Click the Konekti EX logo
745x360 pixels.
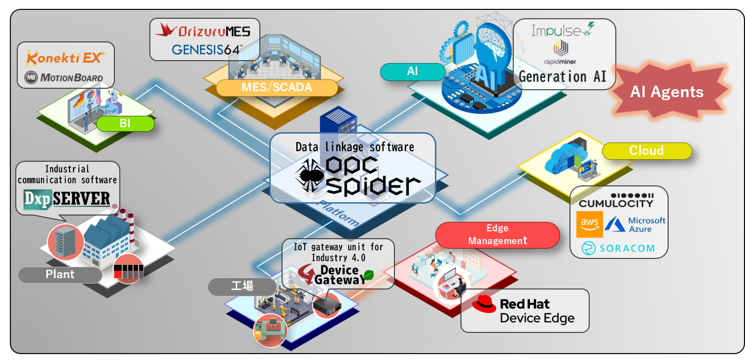[65, 58]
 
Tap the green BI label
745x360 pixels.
[125, 123]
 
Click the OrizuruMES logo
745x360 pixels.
[202, 32]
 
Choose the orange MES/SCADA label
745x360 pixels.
[277, 88]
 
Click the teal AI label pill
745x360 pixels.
[413, 72]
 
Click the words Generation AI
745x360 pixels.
[563, 76]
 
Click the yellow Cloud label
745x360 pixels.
[646, 151]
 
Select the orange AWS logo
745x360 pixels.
[590, 224]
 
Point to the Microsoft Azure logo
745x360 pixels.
[635, 224]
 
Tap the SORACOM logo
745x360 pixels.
[618, 248]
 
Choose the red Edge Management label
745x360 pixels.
[497, 235]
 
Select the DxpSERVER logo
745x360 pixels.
[67, 199]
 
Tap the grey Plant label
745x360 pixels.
[60, 275]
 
